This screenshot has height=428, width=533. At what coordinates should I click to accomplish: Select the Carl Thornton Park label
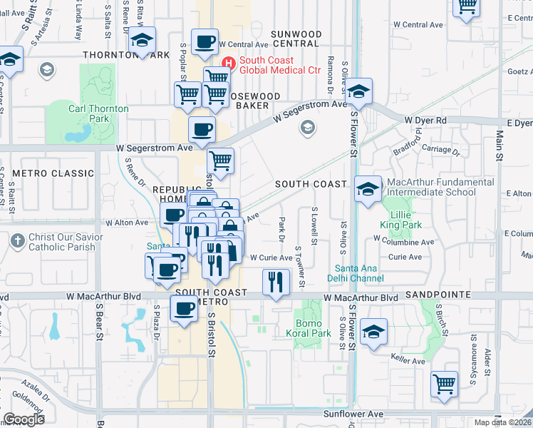pos(98,113)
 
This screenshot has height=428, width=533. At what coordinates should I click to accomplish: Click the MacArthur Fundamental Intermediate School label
pos(440,187)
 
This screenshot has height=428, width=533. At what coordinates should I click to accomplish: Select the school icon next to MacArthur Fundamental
pos(368,188)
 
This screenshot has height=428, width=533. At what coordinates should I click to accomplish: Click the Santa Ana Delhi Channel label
pos(356,273)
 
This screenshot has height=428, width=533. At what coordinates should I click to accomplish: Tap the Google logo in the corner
pos(24,419)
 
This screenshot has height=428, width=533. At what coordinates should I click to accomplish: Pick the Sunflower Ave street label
pos(353,414)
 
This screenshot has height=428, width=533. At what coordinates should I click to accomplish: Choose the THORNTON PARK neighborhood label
pos(126,55)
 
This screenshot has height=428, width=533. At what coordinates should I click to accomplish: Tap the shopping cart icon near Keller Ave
pos(444,383)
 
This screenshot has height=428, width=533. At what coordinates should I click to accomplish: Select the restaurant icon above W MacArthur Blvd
pos(275,281)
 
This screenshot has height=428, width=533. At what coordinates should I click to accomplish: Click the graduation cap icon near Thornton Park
pos(143,40)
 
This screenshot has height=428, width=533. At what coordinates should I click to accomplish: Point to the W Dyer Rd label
pos(425,121)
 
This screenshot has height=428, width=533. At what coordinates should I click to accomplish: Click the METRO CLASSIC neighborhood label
pos(53,173)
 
